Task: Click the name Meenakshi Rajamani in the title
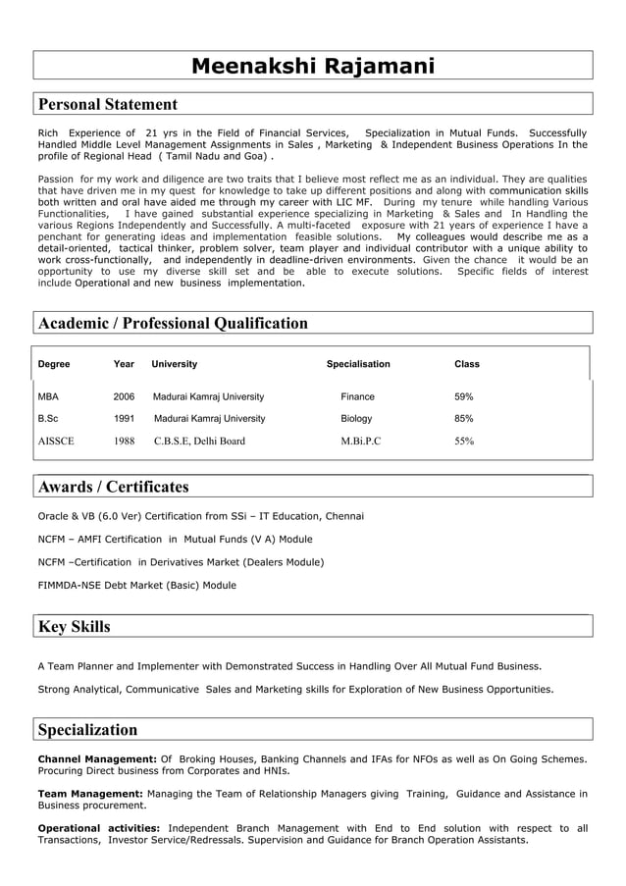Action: [x=312, y=66]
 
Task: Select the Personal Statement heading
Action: [x=108, y=104]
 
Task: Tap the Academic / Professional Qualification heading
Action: [x=173, y=323]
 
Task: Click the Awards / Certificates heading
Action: [x=113, y=487]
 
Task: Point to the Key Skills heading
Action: [x=74, y=626]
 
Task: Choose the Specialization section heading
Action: [x=87, y=729]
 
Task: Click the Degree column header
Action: [x=54, y=364]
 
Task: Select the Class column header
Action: [x=467, y=364]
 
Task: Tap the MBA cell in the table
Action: [x=48, y=396]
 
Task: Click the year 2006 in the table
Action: [x=124, y=396]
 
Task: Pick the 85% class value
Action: [x=463, y=418]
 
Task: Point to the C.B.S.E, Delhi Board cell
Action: [x=199, y=441]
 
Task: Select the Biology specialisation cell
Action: [x=356, y=418]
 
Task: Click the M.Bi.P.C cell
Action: [x=360, y=441]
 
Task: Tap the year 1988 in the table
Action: [x=124, y=441]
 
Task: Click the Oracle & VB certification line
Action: [x=200, y=516]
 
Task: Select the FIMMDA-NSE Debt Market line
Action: [x=136, y=585]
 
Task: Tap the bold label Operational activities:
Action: [x=99, y=828]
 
